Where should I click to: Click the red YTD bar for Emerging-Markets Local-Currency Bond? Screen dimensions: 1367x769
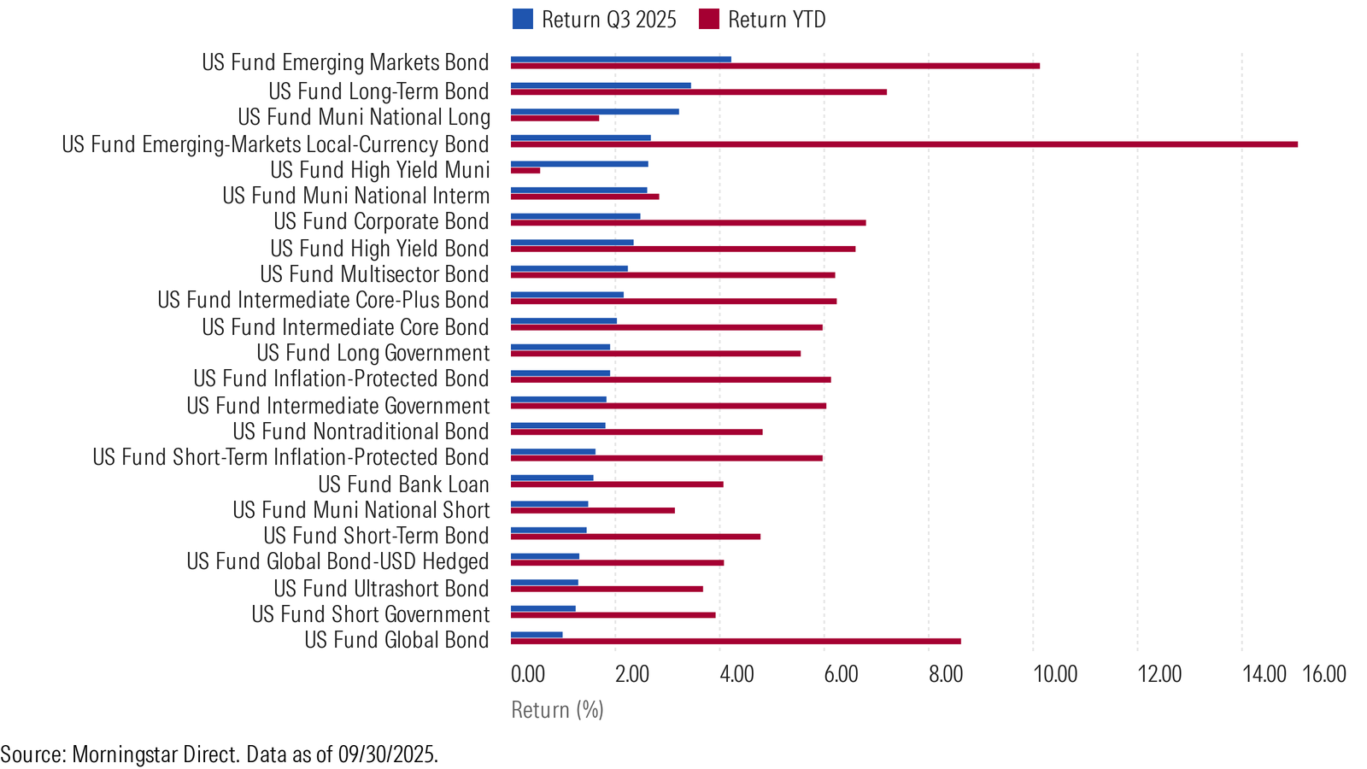point(904,144)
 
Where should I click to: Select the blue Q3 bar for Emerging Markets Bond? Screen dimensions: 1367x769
point(620,59)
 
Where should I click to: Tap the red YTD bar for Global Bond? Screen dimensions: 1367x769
point(736,642)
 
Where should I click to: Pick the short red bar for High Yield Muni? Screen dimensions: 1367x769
point(525,170)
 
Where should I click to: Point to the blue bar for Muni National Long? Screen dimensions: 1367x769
point(595,112)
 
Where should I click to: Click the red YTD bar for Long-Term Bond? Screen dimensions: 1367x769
point(699,92)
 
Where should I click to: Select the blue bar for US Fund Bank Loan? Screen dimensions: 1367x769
point(552,478)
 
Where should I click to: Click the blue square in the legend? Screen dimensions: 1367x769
point(522,20)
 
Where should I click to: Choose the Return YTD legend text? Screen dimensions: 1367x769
point(777,20)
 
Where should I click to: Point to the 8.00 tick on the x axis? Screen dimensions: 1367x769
point(945,674)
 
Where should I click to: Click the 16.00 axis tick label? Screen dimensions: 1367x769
point(1324,674)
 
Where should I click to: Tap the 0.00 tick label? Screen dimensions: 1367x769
point(528,674)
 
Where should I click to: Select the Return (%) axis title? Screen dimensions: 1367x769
point(557,710)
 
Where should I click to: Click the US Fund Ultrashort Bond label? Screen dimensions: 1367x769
point(381,589)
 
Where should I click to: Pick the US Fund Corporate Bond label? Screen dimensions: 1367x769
point(381,221)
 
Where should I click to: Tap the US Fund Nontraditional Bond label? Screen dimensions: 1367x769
point(361,431)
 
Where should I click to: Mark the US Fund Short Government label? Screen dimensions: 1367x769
point(371,614)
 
